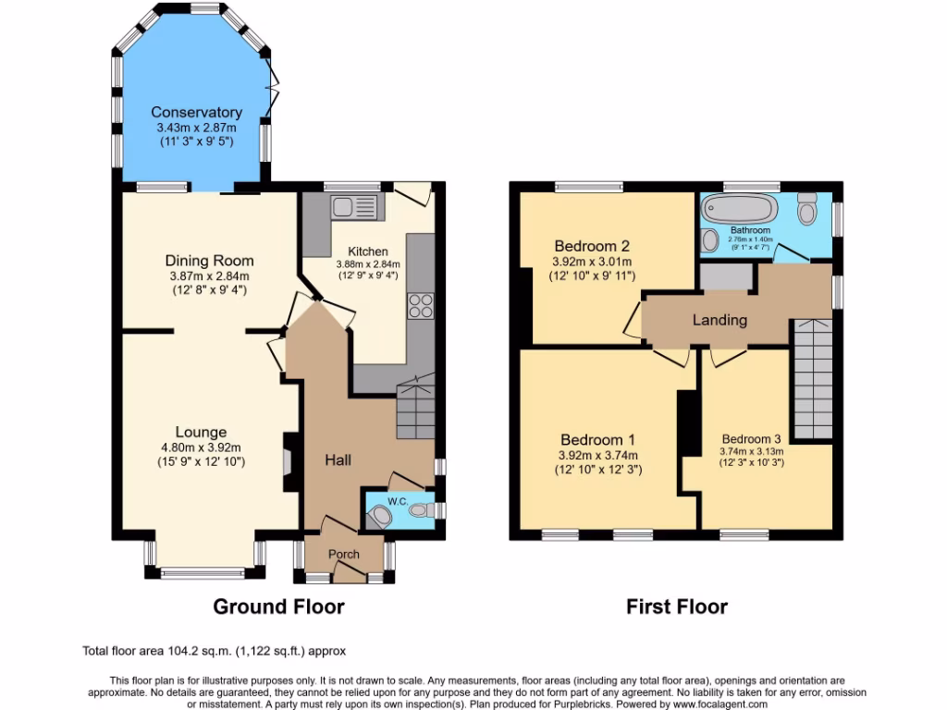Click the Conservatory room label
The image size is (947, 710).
point(196,113)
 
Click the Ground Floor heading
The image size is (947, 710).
point(278,606)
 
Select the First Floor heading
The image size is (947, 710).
point(676,606)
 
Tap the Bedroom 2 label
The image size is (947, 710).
point(592,246)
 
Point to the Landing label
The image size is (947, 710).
point(719,320)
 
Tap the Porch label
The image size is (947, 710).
point(344,554)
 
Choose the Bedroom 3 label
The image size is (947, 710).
point(751,439)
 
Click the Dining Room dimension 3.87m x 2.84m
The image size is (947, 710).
point(209,276)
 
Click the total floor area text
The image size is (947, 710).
point(215,651)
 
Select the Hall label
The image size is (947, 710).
point(338,459)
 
